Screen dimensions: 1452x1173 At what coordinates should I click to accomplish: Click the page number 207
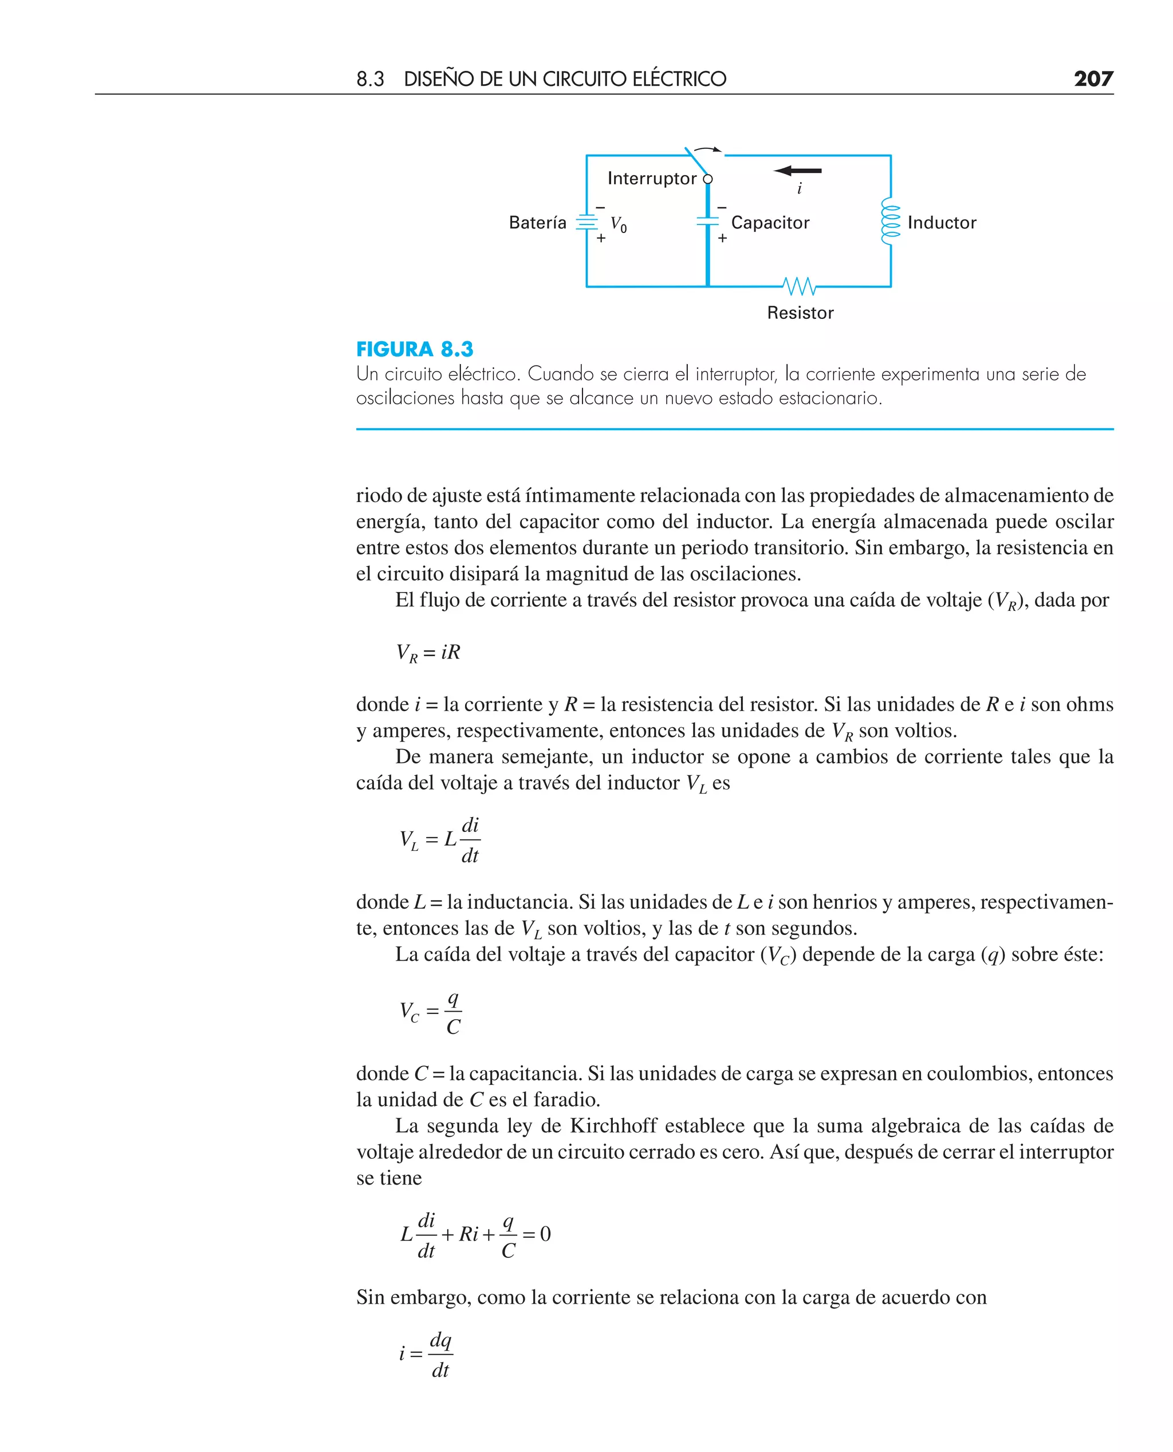coord(1093,79)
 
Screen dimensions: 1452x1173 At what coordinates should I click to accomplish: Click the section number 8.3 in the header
coord(369,80)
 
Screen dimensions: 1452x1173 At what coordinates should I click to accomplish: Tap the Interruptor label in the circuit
coord(651,178)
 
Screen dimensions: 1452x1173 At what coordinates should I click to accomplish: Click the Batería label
coord(537,223)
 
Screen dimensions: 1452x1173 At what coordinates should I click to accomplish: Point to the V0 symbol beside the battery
coord(618,224)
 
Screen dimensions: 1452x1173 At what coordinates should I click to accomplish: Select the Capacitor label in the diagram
coord(770,223)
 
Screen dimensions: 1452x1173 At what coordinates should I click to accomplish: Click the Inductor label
coord(941,223)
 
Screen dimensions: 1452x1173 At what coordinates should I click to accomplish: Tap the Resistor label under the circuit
coord(800,313)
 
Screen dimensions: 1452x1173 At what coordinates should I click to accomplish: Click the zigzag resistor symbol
coord(800,286)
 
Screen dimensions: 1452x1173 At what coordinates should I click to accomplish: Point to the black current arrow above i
coord(798,171)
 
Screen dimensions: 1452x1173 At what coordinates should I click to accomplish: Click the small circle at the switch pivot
coord(707,179)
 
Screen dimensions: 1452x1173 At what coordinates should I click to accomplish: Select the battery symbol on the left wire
coord(586,222)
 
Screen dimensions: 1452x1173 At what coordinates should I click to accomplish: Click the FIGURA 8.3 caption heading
coord(414,349)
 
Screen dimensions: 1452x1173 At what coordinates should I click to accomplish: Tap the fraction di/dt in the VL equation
coord(470,840)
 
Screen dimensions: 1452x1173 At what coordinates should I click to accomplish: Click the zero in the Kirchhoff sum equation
coord(545,1234)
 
